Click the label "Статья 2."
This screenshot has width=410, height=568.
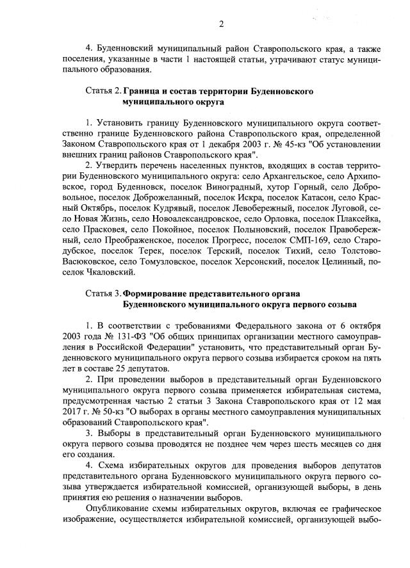pyautogui.click(x=102, y=92)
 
